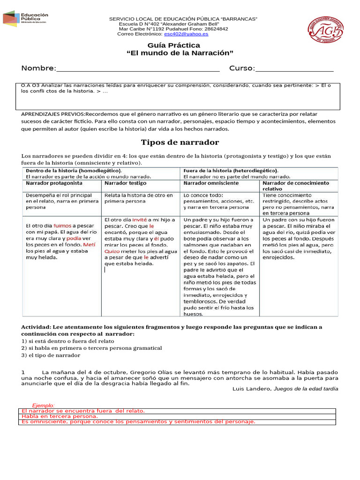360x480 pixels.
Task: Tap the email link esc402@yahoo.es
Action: pyautogui.click(x=186, y=34)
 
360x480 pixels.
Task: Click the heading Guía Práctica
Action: pyautogui.click(x=173, y=45)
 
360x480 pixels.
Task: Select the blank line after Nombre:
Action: pyautogui.click(x=137, y=69)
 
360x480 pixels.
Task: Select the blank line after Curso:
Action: pyautogui.click(x=294, y=69)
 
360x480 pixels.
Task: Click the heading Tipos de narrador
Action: pyautogui.click(x=180, y=142)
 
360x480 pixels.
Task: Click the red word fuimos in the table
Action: pyautogui.click(x=62, y=225)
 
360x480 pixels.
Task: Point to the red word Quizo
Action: pyautogui.click(x=112, y=251)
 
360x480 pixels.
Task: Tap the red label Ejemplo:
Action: pyautogui.click(x=43, y=405)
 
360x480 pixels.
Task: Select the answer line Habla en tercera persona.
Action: pyautogui.click(x=60, y=416)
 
